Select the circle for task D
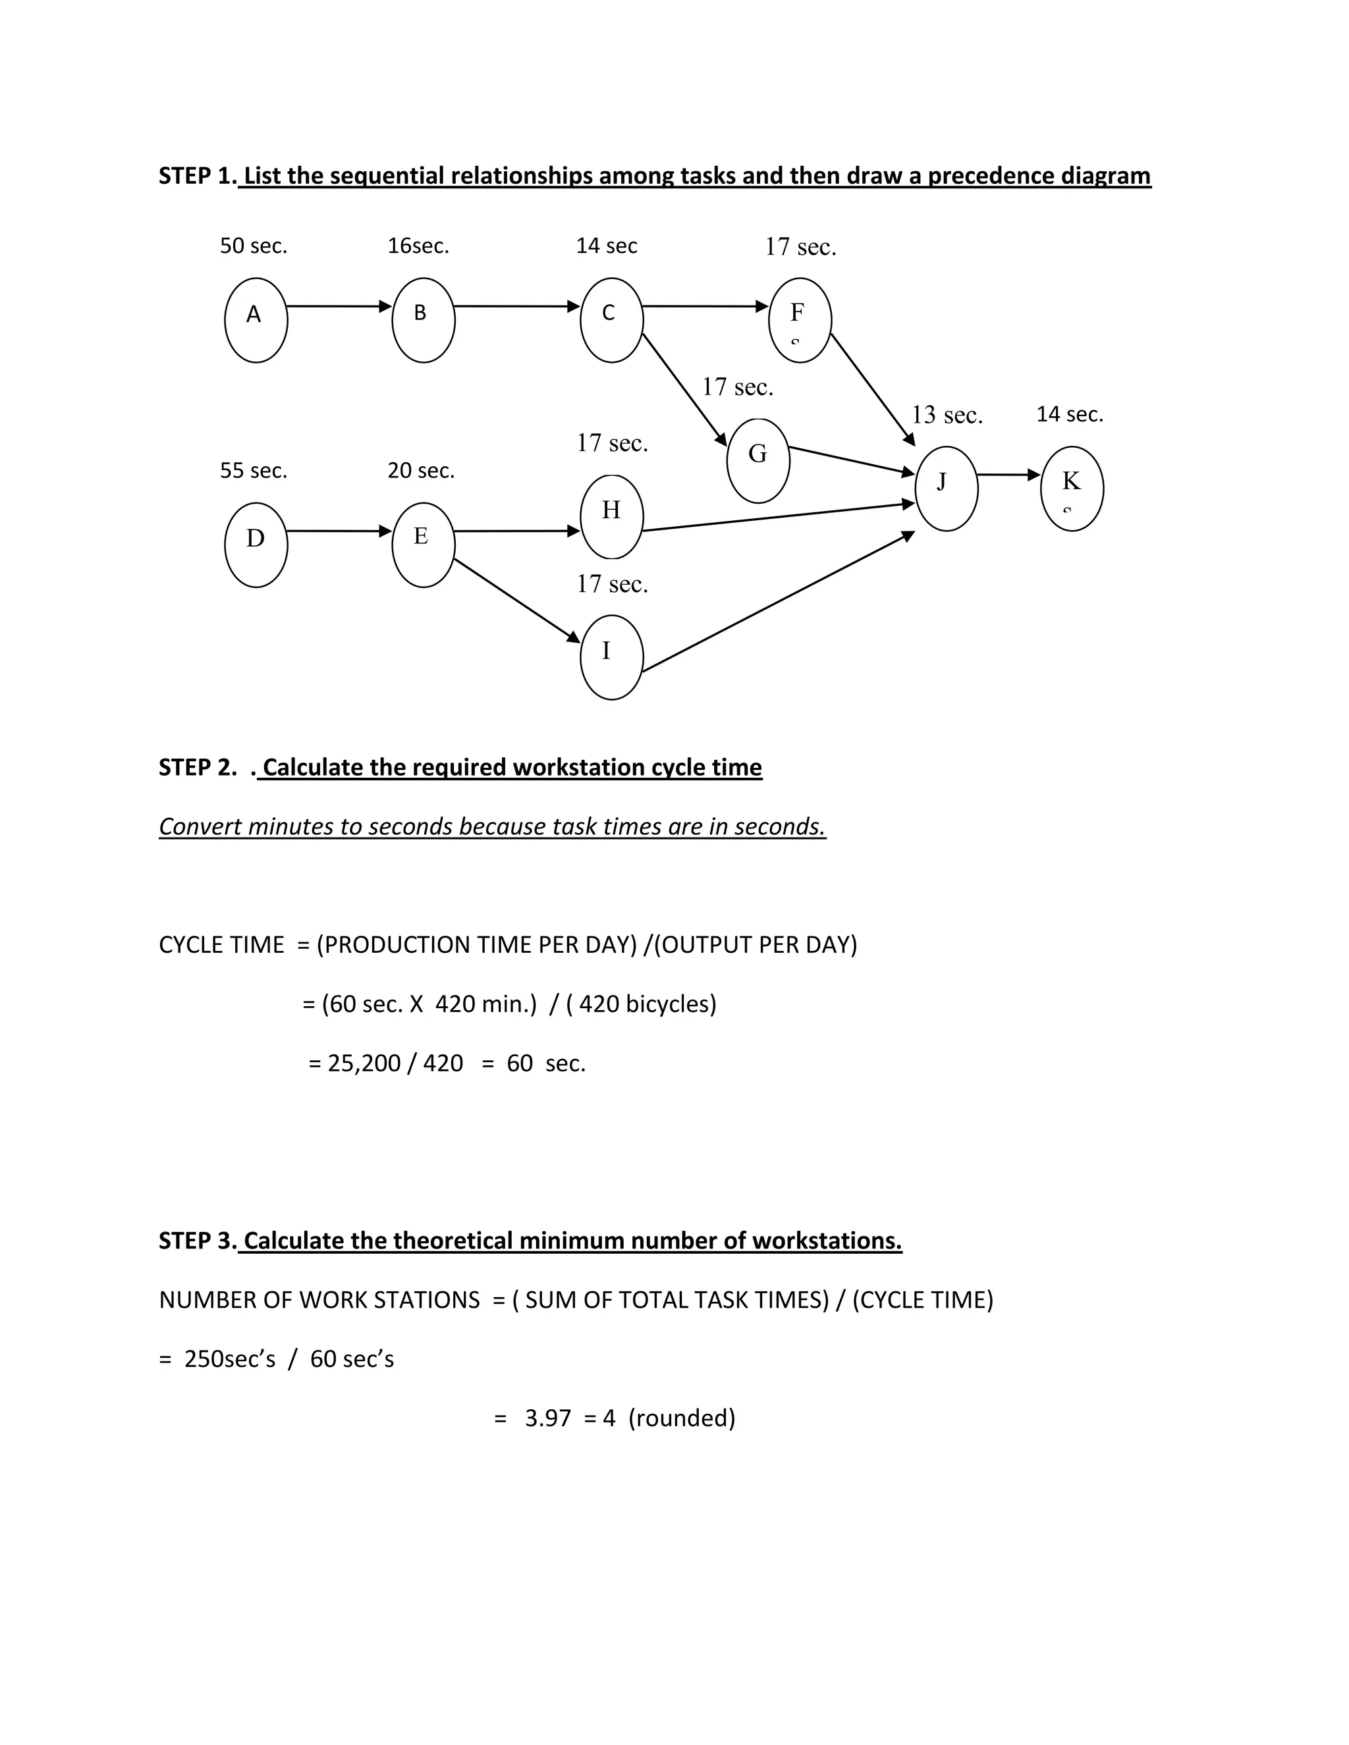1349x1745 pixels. click(256, 545)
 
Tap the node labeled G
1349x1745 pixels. click(758, 461)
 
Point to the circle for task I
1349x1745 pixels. click(611, 658)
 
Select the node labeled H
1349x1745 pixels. click(611, 517)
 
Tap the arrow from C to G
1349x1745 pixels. click(685, 389)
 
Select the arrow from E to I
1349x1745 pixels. click(517, 600)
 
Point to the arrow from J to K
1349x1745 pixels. click(1009, 475)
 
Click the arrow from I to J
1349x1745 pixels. click(779, 601)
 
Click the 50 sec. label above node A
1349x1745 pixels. click(254, 246)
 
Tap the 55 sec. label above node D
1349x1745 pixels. click(254, 471)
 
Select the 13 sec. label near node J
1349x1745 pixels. click(947, 415)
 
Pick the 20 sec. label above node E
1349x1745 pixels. click(421, 471)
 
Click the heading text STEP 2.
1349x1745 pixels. click(198, 767)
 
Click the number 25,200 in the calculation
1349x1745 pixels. click(364, 1063)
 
